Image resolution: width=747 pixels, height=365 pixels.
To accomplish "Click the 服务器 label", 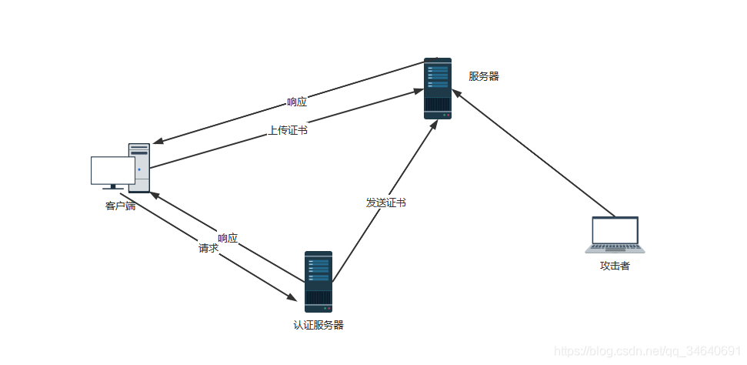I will click(x=484, y=76).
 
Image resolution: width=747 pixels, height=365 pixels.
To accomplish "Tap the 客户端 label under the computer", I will click(x=120, y=206).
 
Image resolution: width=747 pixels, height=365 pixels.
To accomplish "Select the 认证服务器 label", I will click(x=318, y=325).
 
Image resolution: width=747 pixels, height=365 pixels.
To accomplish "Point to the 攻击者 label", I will click(x=615, y=266).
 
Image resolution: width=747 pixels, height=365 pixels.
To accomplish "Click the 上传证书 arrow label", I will click(x=288, y=131).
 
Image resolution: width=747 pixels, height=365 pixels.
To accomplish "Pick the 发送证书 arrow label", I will click(x=385, y=203).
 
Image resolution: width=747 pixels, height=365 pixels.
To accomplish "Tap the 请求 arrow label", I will click(x=208, y=249).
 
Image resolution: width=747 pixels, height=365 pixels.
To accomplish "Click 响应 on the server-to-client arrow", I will click(x=297, y=102).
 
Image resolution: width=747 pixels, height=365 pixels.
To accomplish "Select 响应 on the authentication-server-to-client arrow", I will click(x=228, y=238).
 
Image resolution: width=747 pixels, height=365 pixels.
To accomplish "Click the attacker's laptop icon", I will click(x=615, y=234).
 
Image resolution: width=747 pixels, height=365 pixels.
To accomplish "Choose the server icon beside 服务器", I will click(x=438, y=88).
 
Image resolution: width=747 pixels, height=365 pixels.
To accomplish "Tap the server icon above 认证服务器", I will click(x=318, y=281).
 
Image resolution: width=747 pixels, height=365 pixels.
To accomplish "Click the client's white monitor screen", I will click(x=112, y=170).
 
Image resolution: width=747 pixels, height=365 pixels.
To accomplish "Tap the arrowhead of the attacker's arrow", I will click(x=455, y=92).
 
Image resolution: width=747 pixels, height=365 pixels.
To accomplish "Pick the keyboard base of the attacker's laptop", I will click(x=615, y=249).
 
